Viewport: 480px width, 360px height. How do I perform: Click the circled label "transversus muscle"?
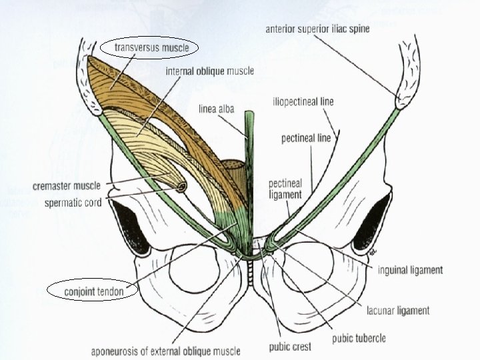[151, 47]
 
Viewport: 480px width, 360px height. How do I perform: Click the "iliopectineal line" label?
[303, 102]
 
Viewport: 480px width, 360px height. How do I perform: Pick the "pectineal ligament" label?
[285, 189]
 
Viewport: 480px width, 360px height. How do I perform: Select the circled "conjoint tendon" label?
[93, 291]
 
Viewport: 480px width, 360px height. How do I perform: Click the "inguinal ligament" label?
[410, 270]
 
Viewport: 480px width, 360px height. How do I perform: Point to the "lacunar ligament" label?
[398, 310]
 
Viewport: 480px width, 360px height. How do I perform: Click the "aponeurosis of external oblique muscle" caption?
[166, 351]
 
